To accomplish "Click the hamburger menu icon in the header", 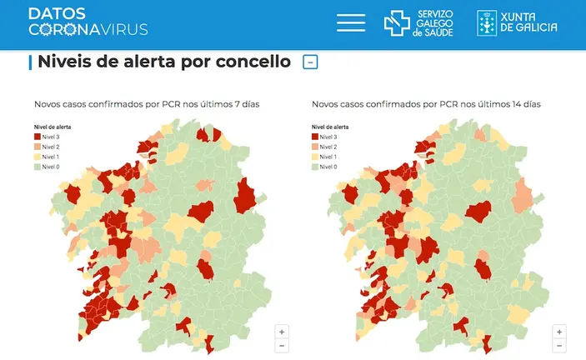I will [351, 22].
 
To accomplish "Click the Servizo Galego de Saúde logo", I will [418, 22].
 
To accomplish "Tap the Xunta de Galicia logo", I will [517, 22].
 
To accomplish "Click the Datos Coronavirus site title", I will [88, 22].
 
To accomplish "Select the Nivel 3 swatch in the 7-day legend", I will [38, 137].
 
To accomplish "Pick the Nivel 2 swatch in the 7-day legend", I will [38, 147].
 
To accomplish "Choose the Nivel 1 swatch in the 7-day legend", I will [38, 157].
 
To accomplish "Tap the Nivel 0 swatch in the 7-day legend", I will [38, 167].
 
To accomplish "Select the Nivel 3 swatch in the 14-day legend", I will [316, 137].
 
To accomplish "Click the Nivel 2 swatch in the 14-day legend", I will [316, 147].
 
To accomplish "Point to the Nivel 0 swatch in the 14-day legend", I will [316, 167].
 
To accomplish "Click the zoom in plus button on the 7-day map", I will [282, 331].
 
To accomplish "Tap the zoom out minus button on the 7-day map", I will [282, 345].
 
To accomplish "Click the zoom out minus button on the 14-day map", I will [559, 345].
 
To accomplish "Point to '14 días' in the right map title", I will [524, 104].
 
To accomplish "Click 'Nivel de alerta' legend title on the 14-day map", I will [330, 127].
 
